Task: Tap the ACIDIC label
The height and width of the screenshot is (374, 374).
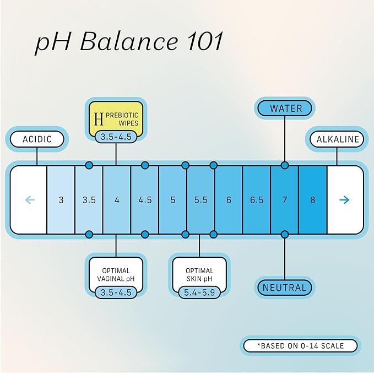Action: (37, 139)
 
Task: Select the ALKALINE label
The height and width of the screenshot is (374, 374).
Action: (337, 139)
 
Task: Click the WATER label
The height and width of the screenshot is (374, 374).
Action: (285, 108)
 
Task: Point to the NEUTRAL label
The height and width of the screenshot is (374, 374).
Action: (284, 287)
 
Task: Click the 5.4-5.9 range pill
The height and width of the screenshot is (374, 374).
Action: (200, 292)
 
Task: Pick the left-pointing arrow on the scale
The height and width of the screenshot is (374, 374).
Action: (30, 199)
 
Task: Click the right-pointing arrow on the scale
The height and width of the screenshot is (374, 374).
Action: (345, 199)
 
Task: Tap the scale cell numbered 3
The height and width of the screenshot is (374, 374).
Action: (61, 200)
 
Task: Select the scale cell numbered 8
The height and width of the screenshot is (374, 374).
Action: (313, 200)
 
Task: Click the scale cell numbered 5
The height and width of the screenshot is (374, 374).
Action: (173, 200)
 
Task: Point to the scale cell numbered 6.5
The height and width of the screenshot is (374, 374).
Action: (257, 200)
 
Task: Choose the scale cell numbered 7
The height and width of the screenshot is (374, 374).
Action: (285, 200)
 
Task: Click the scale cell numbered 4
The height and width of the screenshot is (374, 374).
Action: (117, 200)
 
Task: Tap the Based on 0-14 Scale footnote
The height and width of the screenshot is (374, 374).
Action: (300, 346)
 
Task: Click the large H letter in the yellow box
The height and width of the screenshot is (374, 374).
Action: (99, 118)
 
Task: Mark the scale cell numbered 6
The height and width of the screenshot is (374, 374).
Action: (229, 200)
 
